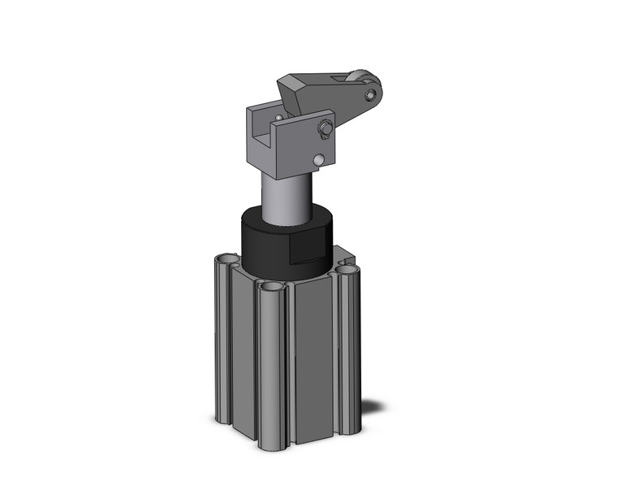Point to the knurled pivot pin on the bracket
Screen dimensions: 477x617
click(325, 128)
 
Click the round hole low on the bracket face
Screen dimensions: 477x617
click(322, 159)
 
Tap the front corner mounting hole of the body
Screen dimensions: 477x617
click(271, 288)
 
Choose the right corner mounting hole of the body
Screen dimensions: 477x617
click(347, 269)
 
